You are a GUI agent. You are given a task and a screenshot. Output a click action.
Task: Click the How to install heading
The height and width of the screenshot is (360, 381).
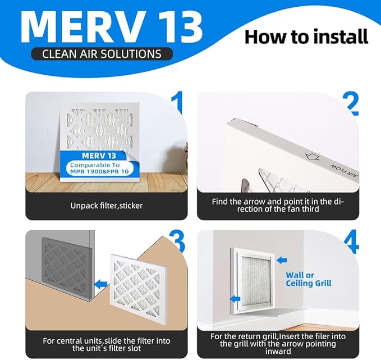coord(306,37)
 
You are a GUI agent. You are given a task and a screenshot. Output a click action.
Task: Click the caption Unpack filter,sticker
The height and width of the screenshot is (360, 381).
coord(107,206)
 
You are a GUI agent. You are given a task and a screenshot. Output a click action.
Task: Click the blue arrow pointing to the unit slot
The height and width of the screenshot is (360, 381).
coord(101,284)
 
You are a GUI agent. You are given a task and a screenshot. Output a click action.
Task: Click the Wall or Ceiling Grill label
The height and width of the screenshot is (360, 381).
coord(308,279)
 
